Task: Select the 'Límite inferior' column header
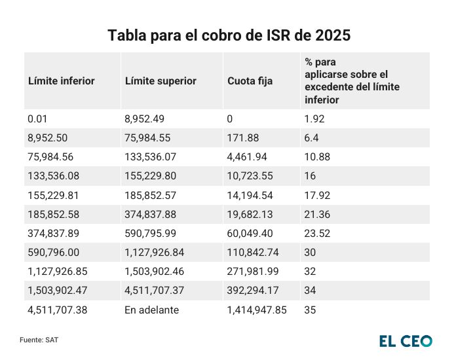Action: [x=62, y=81]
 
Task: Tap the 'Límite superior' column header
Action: [x=161, y=81]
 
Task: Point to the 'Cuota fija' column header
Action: [x=250, y=81]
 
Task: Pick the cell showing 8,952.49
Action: [x=144, y=119]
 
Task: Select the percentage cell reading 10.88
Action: [x=316, y=157]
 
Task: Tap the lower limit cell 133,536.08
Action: [x=57, y=176]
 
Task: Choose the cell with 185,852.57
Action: [x=154, y=195]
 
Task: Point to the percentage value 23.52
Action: [x=316, y=234]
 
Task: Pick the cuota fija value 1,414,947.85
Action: [x=257, y=310]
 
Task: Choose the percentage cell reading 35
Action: [x=311, y=310]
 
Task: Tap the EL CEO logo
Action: [x=406, y=341]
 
